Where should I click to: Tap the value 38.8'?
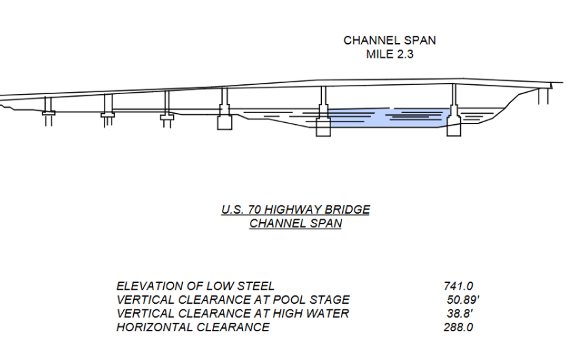(458, 314)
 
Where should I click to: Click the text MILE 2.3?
(390, 54)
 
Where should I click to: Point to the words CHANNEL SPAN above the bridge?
(390, 41)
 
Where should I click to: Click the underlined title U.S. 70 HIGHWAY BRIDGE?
(295, 210)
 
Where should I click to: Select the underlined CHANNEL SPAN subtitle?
(295, 223)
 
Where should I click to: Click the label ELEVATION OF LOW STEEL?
(195, 286)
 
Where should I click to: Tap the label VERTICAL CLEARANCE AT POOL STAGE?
(232, 300)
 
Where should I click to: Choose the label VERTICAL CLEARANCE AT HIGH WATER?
(232, 314)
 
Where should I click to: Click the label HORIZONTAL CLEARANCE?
(193, 327)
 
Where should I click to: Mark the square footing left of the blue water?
(323, 127)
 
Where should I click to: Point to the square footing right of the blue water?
(454, 127)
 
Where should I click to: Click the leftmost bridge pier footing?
(48, 114)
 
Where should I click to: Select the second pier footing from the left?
(108, 116)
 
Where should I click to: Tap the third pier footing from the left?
(166, 118)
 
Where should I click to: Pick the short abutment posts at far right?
(543, 97)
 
